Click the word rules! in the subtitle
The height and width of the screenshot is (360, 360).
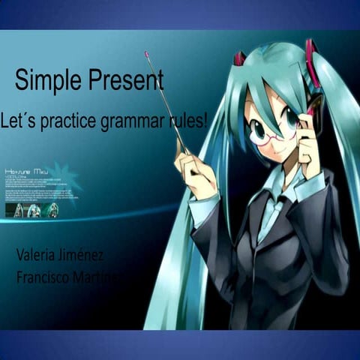tap(190, 120)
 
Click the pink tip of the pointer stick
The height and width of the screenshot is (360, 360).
tap(147, 54)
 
